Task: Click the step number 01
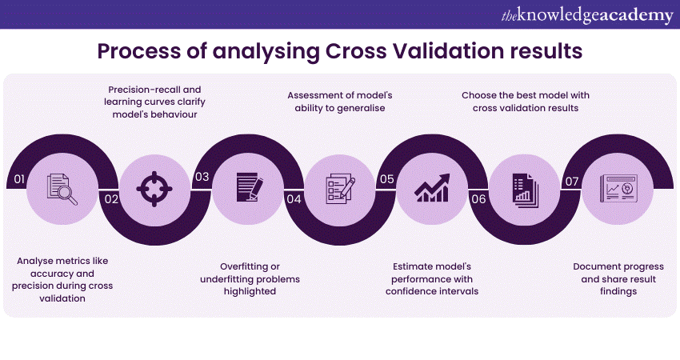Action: [19, 179]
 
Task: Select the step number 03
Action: [202, 178]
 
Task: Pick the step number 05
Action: [386, 179]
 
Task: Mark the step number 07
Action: [571, 181]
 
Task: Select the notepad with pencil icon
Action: [247, 189]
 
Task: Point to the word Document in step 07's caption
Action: [598, 266]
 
